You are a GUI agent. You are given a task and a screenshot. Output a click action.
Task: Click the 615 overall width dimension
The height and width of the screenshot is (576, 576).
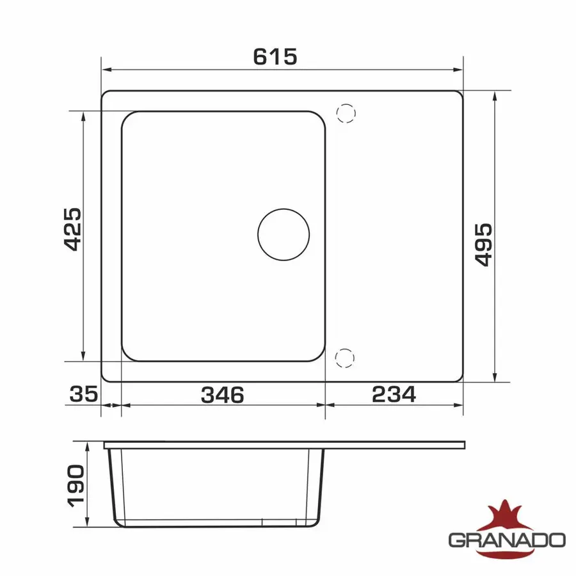coord(275,56)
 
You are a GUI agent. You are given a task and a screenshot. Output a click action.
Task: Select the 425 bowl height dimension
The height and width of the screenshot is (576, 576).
coord(73,230)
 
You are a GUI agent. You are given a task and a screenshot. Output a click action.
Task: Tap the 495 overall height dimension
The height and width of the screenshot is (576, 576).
coord(483,244)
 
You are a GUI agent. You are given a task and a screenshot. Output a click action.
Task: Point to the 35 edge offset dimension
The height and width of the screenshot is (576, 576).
coord(84,394)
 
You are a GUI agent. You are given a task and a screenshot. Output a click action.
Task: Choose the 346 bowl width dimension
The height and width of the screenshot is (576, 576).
coord(223,394)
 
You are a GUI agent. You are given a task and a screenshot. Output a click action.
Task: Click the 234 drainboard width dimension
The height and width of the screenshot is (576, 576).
coord(394,394)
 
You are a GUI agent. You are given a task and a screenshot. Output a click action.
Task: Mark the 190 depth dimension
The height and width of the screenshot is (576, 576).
coord(76,486)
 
